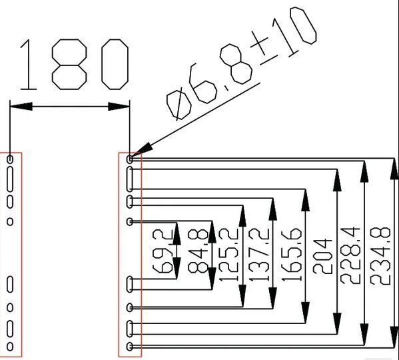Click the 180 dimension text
[x=75, y=65]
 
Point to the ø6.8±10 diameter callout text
[x=242, y=63]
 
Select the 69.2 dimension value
[x=163, y=251]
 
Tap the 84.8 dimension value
[x=199, y=251]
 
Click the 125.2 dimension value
[x=229, y=255]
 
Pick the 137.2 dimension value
[x=259, y=255]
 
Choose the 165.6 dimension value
[x=292, y=255]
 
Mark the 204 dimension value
[x=322, y=257]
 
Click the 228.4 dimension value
[x=350, y=255]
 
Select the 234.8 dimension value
[x=380, y=256]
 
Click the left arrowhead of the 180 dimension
[x=21, y=107]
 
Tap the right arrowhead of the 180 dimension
[x=119, y=107]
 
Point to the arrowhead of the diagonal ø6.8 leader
[x=143, y=150]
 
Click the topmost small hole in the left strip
[x=10, y=159]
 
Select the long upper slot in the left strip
[x=10, y=179]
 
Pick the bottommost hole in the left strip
[x=10, y=346]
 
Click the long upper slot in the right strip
[x=130, y=179]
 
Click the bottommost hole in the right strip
[x=130, y=346]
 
